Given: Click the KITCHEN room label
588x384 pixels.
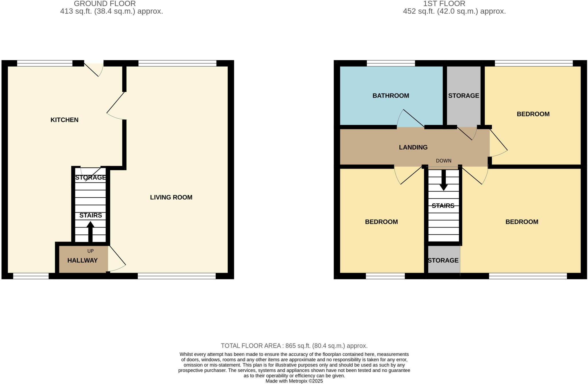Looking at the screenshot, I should [64, 120].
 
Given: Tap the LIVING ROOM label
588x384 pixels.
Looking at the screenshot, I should [171, 197].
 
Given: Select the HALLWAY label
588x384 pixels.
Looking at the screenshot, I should [82, 260].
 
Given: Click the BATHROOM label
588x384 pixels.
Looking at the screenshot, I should [391, 96].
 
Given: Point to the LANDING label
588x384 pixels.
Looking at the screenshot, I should [413, 147].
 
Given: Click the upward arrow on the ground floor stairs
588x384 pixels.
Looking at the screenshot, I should [90, 231].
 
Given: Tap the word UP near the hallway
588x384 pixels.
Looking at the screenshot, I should [90, 251].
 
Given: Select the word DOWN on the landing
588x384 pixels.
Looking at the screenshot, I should [444, 161].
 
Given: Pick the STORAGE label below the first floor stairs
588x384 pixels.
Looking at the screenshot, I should [443, 260].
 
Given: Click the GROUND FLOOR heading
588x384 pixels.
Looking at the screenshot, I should [105, 4].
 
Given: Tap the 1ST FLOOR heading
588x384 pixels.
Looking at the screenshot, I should [444, 4].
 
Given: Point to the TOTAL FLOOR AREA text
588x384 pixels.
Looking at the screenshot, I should [294, 346].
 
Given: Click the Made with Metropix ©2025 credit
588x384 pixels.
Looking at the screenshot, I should [294, 381].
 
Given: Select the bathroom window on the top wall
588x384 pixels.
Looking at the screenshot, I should [391, 63].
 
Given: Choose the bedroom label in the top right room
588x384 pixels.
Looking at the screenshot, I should [533, 114].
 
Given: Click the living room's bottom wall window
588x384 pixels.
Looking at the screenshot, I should [177, 276].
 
